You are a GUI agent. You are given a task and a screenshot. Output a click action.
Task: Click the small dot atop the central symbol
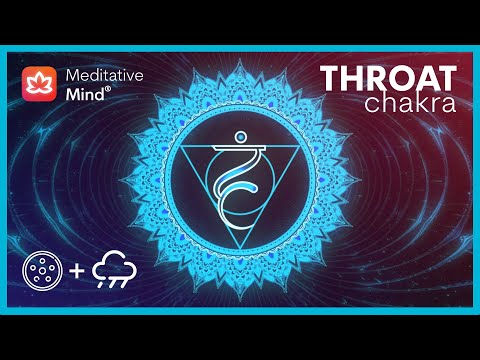tap(239, 131)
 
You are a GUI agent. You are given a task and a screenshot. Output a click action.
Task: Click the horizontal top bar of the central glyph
tap(240, 145)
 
